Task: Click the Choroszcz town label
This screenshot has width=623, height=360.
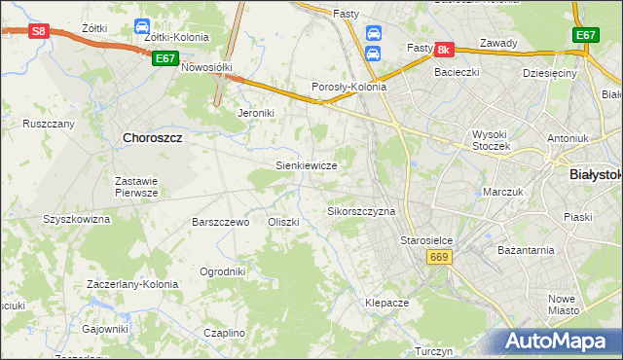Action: pyautogui.click(x=154, y=138)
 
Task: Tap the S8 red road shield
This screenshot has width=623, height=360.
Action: pyautogui.click(x=38, y=31)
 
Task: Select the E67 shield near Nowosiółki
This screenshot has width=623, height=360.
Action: pyautogui.click(x=165, y=58)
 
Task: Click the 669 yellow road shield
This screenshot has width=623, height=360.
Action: pyautogui.click(x=438, y=256)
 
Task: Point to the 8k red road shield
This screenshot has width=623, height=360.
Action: pyautogui.click(x=444, y=49)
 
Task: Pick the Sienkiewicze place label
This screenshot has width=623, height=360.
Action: pyautogui.click(x=307, y=166)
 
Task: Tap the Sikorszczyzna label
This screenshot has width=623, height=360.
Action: pyautogui.click(x=361, y=211)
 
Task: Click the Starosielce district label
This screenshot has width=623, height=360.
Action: pyautogui.click(x=428, y=239)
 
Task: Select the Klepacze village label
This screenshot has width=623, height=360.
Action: pyautogui.click(x=386, y=303)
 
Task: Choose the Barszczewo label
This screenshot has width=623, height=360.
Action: pyautogui.click(x=221, y=222)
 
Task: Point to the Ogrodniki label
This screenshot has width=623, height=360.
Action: pyautogui.click(x=222, y=271)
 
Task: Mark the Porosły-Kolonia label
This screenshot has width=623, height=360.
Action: pyautogui.click(x=348, y=87)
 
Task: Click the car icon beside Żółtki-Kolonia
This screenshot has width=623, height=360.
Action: pyautogui.click(x=141, y=25)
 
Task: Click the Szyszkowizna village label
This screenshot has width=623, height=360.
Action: pyautogui.click(x=77, y=220)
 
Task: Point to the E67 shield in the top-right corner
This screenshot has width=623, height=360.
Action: pyautogui.click(x=585, y=36)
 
